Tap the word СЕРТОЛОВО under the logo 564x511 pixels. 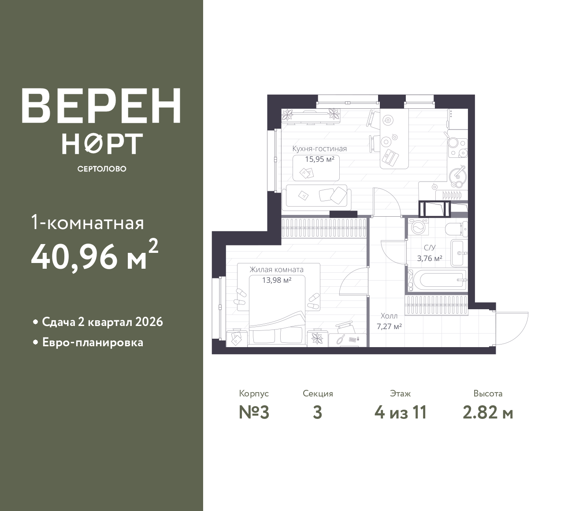[102, 169]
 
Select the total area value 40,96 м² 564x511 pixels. [94, 255]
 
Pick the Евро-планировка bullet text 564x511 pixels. [93, 342]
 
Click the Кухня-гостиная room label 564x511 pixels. [319, 149]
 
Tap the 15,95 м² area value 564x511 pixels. [320, 159]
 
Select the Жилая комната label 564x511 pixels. [277, 270]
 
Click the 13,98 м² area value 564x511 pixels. [277, 280]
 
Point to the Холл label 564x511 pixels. [389, 316]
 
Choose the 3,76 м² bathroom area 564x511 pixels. [430, 258]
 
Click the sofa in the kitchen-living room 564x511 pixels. [316, 198]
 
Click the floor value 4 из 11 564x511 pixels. [401, 413]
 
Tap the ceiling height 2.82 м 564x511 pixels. [488, 413]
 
